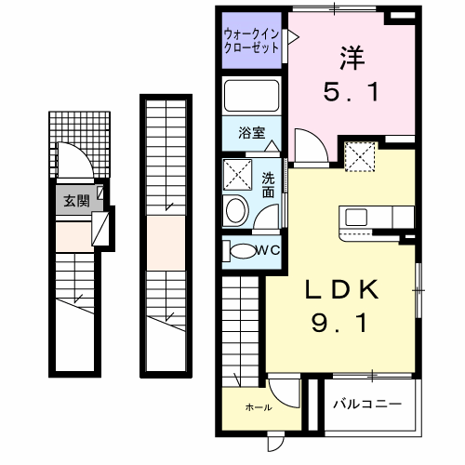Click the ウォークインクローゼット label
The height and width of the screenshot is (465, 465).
[251, 41]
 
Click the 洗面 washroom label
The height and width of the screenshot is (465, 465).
[268, 185]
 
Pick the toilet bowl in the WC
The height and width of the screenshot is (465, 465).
[242, 249]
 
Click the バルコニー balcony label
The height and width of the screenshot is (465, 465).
[368, 405]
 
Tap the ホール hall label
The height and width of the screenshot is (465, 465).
[258, 406]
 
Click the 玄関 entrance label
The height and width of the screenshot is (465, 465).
[75, 200]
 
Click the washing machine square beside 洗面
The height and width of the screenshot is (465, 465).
[239, 173]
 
